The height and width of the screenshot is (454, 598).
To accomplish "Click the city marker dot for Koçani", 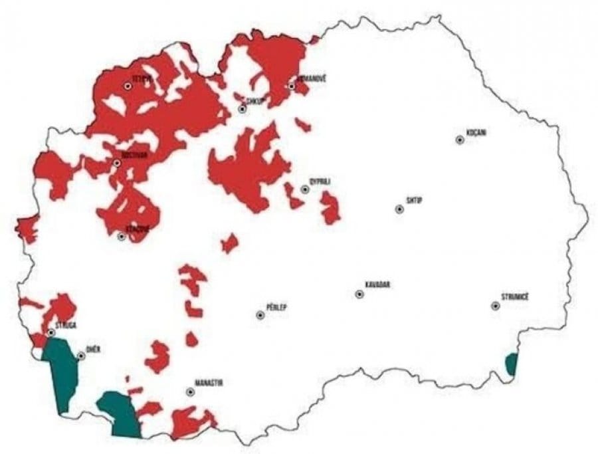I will [x=459, y=140].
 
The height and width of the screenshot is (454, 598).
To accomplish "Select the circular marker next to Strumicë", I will [x=495, y=306].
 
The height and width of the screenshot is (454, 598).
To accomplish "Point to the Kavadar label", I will [x=377, y=285].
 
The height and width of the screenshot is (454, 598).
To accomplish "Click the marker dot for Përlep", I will [x=260, y=315].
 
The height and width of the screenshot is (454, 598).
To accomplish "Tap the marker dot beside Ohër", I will [x=81, y=356].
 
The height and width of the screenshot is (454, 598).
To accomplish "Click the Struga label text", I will [x=66, y=326].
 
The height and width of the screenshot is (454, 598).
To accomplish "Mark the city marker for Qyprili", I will [x=305, y=189].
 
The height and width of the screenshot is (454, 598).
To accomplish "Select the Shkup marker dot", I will [x=243, y=109].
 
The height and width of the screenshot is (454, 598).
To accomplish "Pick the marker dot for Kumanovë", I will [x=291, y=86].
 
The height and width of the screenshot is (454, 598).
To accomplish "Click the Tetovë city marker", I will [x=128, y=86].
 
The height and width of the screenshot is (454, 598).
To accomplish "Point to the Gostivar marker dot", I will [x=117, y=163].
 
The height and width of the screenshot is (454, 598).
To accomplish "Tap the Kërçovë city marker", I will [x=122, y=236].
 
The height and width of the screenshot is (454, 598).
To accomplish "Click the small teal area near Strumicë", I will [x=511, y=364].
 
